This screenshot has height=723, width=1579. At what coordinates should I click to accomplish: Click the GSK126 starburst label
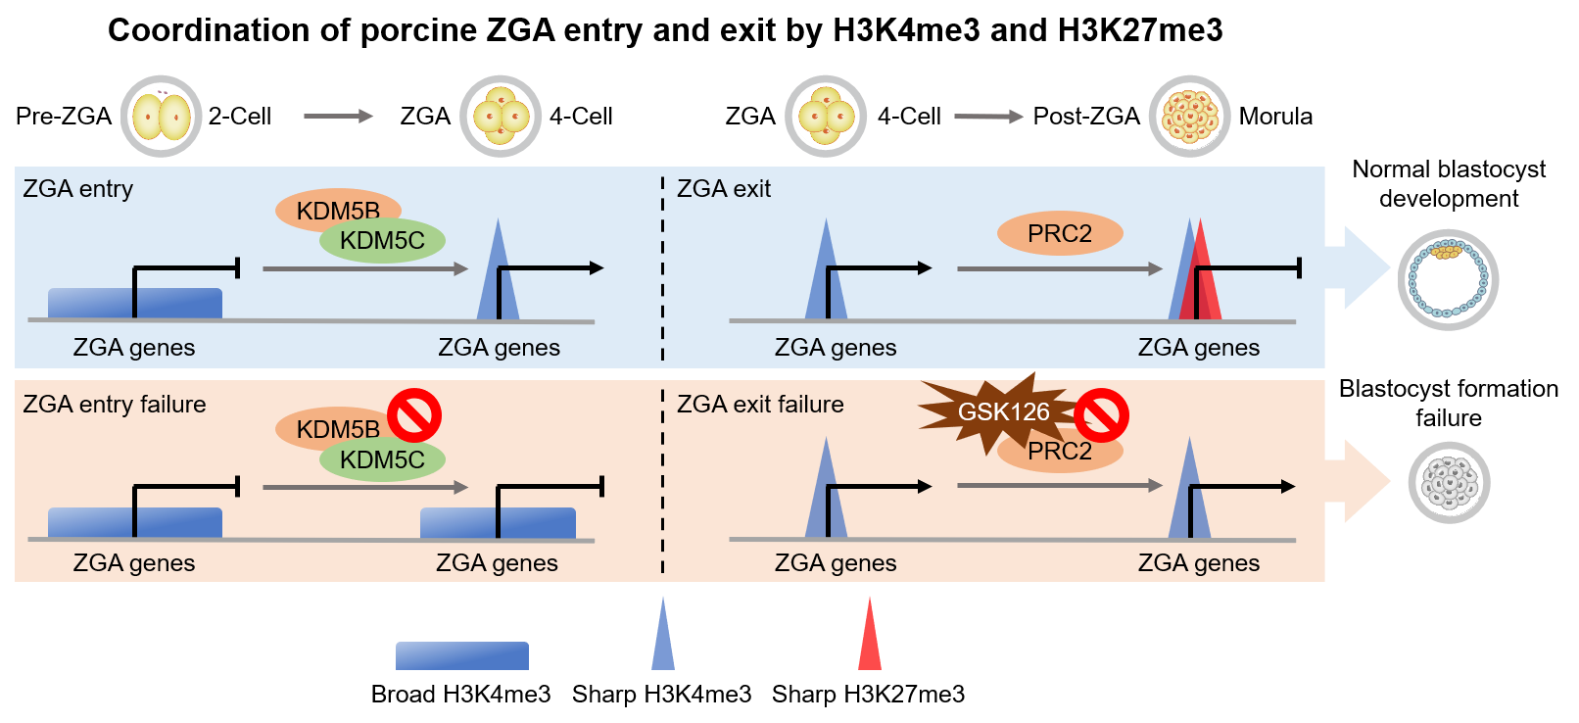coord(1003,412)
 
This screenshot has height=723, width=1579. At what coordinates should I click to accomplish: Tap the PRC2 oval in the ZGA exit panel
coord(1059,233)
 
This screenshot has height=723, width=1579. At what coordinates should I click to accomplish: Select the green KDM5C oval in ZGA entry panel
coord(382,241)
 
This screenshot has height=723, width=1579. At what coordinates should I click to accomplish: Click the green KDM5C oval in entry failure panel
coord(382,459)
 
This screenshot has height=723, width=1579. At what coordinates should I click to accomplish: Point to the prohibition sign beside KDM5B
coord(414,415)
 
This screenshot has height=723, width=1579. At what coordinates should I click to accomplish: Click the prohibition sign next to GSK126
coord(1102,415)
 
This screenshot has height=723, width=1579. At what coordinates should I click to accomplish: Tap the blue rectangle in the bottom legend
coord(462,655)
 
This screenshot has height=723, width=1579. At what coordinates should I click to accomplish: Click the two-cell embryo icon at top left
coord(162,117)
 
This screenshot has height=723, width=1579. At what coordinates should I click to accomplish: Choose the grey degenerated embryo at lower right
coord(1449,482)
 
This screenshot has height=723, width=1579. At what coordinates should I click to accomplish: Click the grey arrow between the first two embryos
coord(339,117)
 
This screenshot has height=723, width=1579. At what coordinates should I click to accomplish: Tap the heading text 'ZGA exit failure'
coord(760,405)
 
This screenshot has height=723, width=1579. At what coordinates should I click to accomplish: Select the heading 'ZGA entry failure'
coord(115,405)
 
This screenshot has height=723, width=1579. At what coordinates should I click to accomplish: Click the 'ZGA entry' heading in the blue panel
coord(78,189)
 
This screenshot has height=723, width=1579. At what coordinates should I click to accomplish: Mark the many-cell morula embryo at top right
coord(1189,117)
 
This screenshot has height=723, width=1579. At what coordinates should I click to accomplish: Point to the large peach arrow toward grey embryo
coord(1358,481)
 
